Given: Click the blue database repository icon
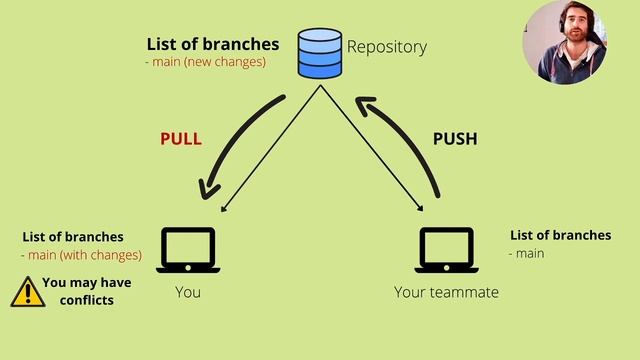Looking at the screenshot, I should pos(320,53).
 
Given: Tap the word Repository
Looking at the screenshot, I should pos(386,47).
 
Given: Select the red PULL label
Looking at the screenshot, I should pos(181,139).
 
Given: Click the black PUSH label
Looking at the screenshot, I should pos(455,139).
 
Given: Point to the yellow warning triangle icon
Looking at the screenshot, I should pos(27,291).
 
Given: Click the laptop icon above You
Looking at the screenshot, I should pos(188,250).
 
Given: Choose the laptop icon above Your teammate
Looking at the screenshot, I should pos(446,250).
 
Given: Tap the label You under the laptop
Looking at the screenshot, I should pos(188,292).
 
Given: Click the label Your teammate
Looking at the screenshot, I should pos(446,292).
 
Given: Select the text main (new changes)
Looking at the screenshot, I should pos(208,62).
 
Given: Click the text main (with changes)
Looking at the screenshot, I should pos(83,255).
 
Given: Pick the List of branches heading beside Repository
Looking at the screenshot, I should pos(213,44).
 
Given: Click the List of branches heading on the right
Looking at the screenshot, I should pos(560,235).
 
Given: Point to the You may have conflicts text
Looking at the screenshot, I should pos(86,291).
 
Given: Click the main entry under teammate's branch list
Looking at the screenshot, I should pos(529,253).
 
